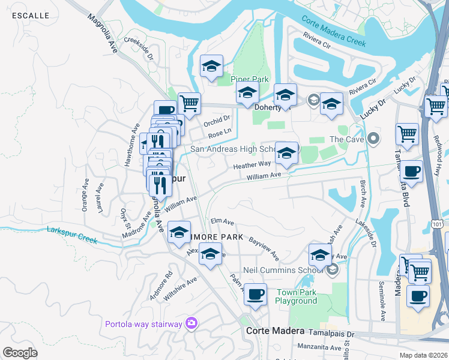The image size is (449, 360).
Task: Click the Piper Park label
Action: point(250,79)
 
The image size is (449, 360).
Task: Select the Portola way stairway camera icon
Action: point(191,324)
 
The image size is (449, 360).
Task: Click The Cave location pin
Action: point(373,139)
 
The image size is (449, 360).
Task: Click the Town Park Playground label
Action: point(296,296)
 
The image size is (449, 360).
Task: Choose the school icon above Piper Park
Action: point(211,67)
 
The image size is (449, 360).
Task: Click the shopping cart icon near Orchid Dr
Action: point(189,103)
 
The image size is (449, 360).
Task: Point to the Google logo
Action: point(20,352)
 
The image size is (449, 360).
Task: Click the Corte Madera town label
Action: point(276,331)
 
